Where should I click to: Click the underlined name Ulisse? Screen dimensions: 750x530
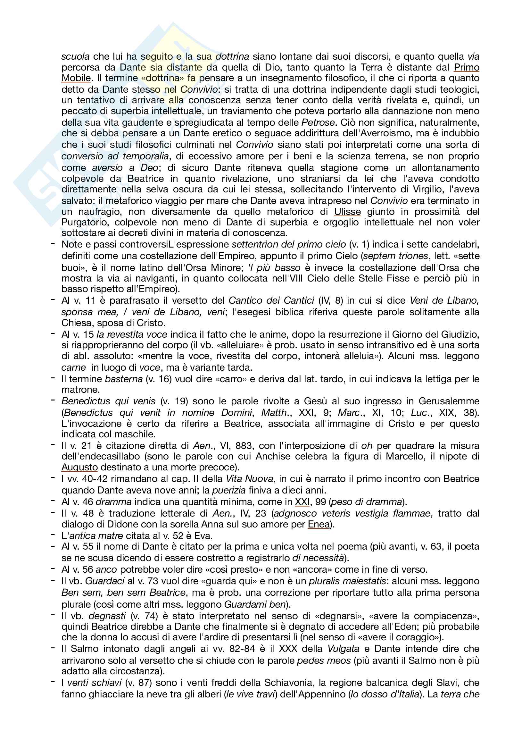pos(347,212)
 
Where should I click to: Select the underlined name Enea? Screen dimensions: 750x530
pos(319,524)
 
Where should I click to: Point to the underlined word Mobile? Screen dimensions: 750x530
pos(76,78)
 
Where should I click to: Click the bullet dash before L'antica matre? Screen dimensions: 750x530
pos(53,535)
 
